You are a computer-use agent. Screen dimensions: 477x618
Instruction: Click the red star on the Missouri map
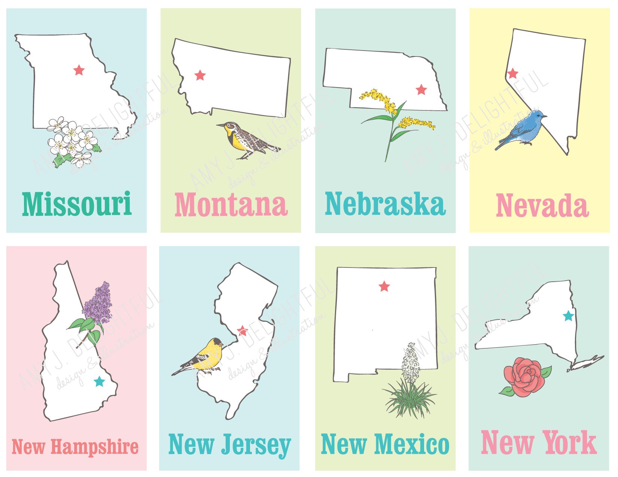pyautogui.click(x=79, y=70)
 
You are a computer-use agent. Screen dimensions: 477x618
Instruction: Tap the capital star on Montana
pyautogui.click(x=200, y=75)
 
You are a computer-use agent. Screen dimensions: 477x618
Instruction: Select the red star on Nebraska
pyautogui.click(x=421, y=89)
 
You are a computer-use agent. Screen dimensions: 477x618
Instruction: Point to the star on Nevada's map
pyautogui.click(x=512, y=73)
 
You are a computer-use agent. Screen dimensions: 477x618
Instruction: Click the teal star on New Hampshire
pyautogui.click(x=99, y=382)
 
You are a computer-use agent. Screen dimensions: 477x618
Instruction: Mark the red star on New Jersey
pyautogui.click(x=243, y=331)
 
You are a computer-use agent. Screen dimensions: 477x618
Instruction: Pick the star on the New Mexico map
pyautogui.click(x=384, y=287)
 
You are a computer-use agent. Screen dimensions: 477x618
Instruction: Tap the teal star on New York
pyautogui.click(x=568, y=316)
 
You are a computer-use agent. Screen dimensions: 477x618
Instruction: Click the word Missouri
pyautogui.click(x=77, y=204)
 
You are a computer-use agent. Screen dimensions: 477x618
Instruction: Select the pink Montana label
pyautogui.click(x=231, y=205)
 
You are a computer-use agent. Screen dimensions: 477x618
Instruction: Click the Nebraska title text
pyautogui.click(x=385, y=204)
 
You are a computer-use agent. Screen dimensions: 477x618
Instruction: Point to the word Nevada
pyautogui.click(x=542, y=205)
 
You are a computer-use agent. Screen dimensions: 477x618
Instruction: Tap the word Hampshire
pyautogui.click(x=95, y=447)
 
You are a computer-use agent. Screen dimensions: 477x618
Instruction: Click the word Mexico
pyautogui.click(x=412, y=444)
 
